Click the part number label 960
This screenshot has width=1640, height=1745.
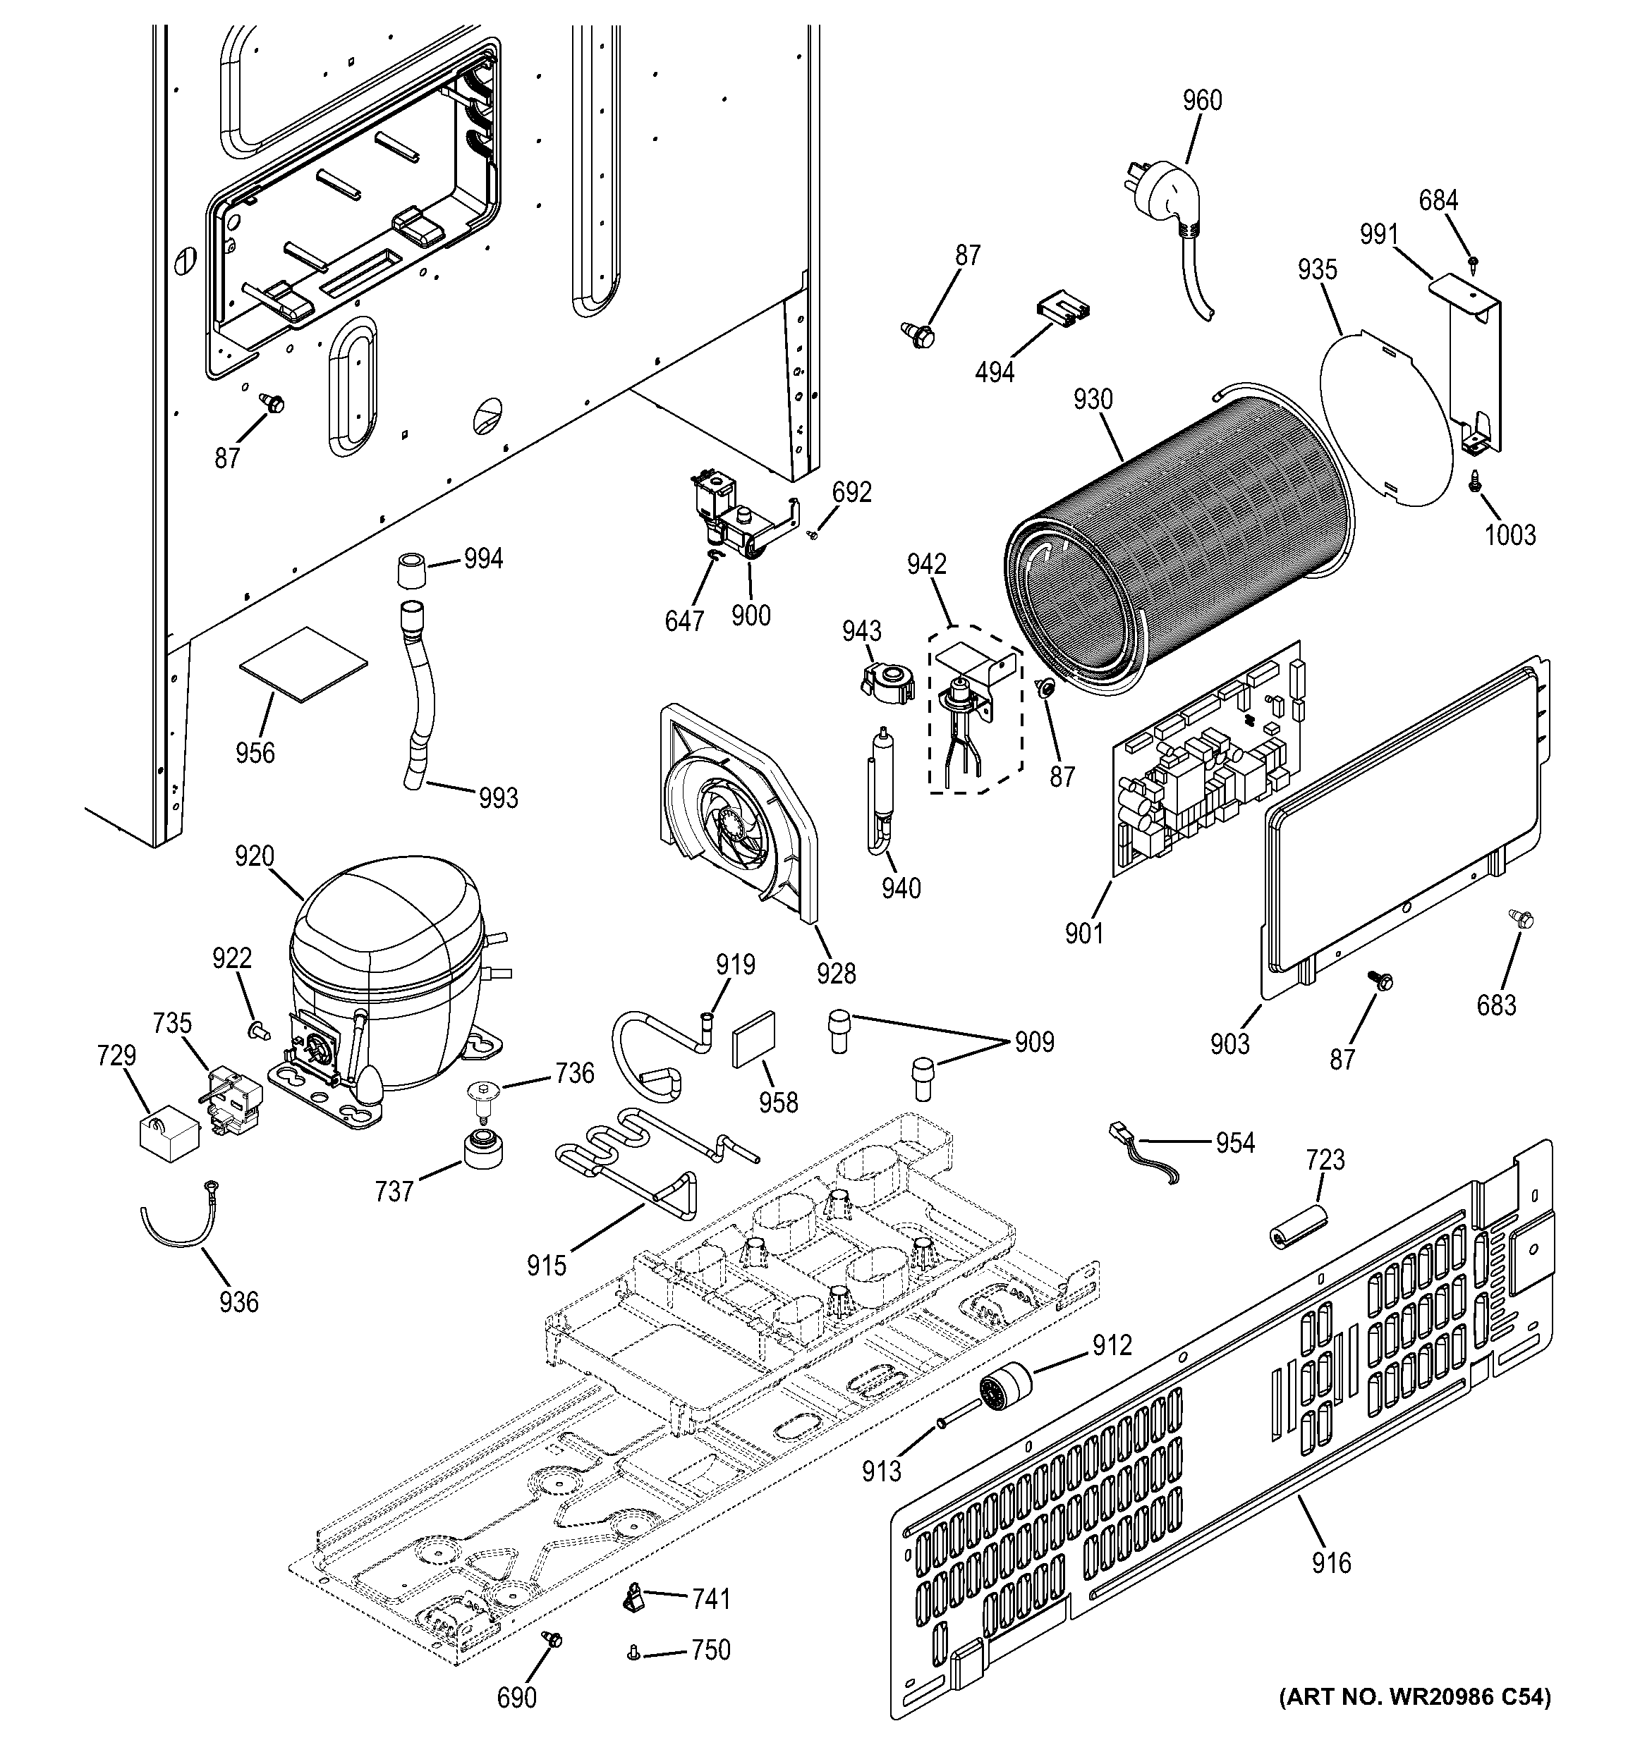1202,101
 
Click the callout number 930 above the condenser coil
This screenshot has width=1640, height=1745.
1092,400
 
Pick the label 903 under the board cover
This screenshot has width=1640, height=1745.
1229,1043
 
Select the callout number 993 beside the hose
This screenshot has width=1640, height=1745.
498,798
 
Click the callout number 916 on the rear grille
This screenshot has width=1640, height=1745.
1331,1563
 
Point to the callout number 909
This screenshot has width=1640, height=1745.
1033,1042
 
